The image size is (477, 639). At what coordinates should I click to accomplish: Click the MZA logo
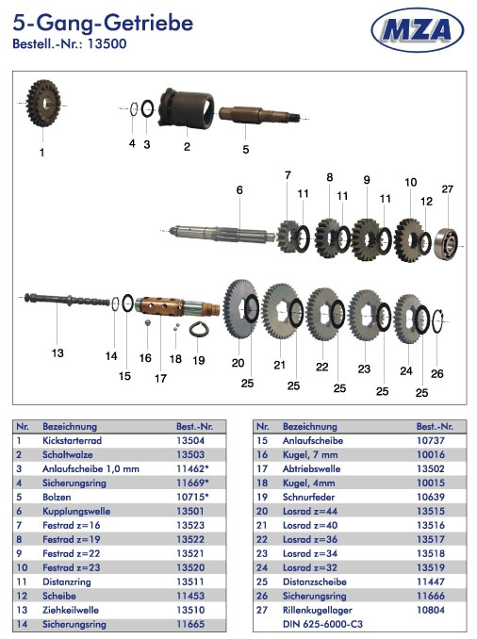417,30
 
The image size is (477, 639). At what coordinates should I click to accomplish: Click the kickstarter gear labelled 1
43,104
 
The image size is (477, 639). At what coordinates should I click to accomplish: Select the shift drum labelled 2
187,108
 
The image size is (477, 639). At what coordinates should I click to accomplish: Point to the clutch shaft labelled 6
223,235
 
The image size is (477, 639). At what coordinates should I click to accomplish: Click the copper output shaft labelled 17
178,307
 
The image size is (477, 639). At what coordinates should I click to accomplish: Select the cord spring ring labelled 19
199,329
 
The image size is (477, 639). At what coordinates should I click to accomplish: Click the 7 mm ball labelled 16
148,322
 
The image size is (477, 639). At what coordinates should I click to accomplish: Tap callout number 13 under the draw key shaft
58,352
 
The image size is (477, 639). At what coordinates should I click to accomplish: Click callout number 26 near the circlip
437,373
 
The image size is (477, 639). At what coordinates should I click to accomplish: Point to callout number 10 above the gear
411,182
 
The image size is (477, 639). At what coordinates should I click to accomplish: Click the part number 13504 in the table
190,440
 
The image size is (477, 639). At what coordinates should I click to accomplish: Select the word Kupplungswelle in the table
76,512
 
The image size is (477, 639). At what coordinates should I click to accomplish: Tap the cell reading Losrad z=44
310,512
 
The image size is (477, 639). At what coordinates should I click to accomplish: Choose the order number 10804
431,610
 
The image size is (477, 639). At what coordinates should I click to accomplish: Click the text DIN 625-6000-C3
322,624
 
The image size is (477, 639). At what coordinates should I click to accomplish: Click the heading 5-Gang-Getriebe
103,24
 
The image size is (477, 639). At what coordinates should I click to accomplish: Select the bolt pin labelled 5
259,115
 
